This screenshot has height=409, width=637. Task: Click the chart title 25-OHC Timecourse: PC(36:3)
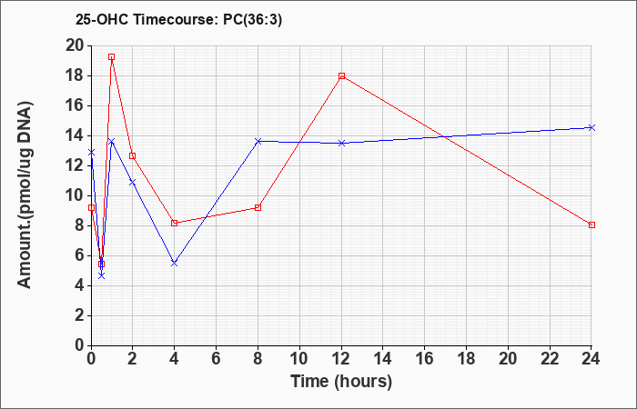point(178,20)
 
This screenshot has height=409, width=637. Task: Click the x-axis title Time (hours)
point(341,382)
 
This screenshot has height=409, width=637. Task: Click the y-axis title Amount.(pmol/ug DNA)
point(25,195)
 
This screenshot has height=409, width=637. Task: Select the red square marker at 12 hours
point(341,75)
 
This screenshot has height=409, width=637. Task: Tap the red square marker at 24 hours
point(591,224)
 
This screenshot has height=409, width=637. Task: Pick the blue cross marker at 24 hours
point(591,128)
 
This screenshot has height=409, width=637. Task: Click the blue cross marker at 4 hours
point(175,264)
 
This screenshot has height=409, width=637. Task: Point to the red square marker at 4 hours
point(175,223)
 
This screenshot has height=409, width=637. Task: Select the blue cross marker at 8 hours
point(258,141)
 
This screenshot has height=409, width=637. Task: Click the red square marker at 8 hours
point(258,208)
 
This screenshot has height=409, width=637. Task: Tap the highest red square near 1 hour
point(111,56)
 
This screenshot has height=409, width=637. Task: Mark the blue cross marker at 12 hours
point(341,143)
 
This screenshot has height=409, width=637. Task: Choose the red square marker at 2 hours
point(133,155)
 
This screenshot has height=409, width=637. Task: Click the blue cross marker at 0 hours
point(91,153)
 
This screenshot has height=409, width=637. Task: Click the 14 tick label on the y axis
point(75,136)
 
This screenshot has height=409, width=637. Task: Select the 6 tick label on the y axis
point(79,255)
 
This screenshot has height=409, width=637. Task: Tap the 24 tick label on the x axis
point(591,359)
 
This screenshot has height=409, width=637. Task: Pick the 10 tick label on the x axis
point(299,359)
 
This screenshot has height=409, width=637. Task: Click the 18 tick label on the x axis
point(466,359)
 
